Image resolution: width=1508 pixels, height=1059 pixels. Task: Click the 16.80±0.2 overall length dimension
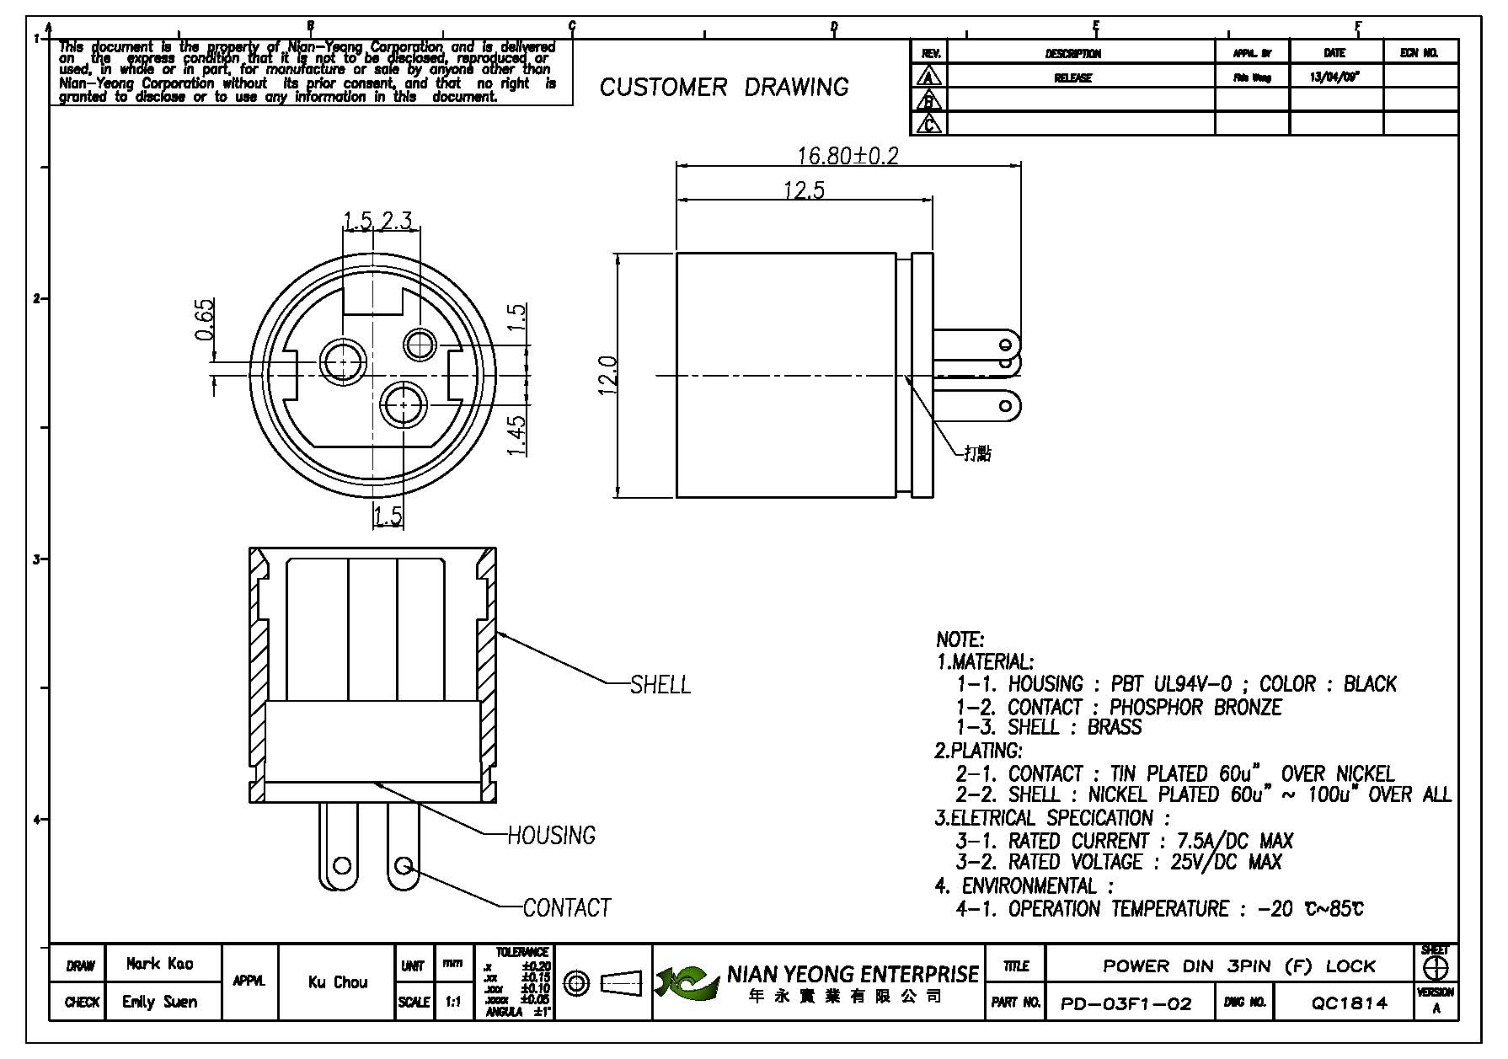[x=848, y=156]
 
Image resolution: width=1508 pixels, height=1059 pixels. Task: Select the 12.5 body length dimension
[x=804, y=190]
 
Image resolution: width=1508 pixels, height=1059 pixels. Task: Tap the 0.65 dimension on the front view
[x=205, y=320]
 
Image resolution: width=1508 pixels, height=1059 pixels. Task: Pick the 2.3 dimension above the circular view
[x=396, y=221]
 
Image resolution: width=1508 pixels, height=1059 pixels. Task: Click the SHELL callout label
[x=660, y=684]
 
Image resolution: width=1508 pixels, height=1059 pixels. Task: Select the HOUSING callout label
[x=551, y=835]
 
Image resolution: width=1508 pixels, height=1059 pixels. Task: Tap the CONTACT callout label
[x=566, y=907]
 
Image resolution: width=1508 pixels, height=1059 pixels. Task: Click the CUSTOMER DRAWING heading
[x=724, y=87]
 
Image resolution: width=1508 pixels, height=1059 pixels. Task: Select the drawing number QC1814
[x=1349, y=1003]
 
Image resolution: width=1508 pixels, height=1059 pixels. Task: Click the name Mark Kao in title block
[x=159, y=964]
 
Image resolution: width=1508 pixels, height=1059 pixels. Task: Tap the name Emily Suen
[x=159, y=1002]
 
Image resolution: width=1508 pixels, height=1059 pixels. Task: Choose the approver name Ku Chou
[x=338, y=982]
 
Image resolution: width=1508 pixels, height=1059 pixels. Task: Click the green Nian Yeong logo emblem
[x=687, y=982]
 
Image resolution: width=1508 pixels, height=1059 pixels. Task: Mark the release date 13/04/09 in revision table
[x=1334, y=77]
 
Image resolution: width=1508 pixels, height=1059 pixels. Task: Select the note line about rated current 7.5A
[x=1124, y=841]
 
